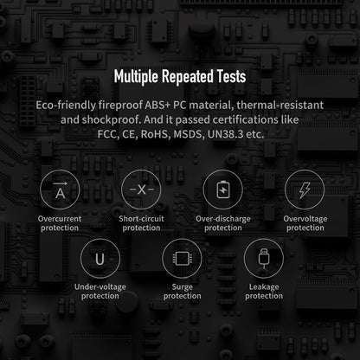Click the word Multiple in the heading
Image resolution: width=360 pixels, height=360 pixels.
click(136, 77)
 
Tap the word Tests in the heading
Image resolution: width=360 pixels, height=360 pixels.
click(232, 76)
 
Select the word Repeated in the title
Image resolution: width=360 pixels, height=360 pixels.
click(188, 77)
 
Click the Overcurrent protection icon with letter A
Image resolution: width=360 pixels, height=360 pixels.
click(60, 190)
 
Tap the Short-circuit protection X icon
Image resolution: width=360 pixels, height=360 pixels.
click(141, 190)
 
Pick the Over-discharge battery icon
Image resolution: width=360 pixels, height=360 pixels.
click(223, 190)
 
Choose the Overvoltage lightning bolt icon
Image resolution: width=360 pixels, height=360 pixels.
click(305, 190)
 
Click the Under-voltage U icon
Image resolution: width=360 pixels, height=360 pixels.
click(100, 258)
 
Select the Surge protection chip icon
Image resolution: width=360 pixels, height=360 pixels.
click(182, 258)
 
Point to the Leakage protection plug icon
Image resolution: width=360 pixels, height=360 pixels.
click(264, 258)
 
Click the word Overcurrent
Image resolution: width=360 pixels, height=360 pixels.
click(60, 219)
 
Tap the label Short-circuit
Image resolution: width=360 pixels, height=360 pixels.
click(141, 219)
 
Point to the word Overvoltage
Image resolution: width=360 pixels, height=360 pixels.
click(305, 219)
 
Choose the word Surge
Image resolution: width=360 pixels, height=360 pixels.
click(183, 287)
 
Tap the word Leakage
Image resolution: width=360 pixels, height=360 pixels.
click(264, 287)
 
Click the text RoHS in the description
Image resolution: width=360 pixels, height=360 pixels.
click(156, 134)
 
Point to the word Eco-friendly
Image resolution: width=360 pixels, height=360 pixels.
click(66, 106)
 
